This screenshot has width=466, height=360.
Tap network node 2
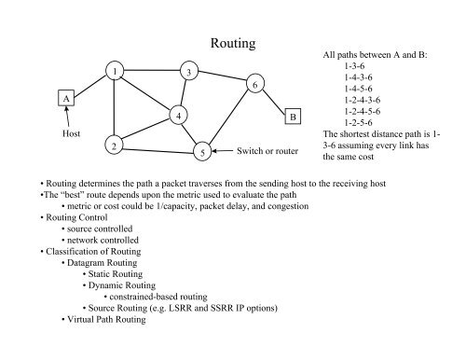(x=113, y=145)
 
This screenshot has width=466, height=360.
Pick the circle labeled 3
(x=189, y=72)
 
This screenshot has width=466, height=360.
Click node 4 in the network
(x=176, y=115)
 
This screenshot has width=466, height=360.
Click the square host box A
(x=66, y=99)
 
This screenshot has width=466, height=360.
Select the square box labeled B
(x=292, y=118)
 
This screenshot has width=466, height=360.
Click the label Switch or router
(x=267, y=150)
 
